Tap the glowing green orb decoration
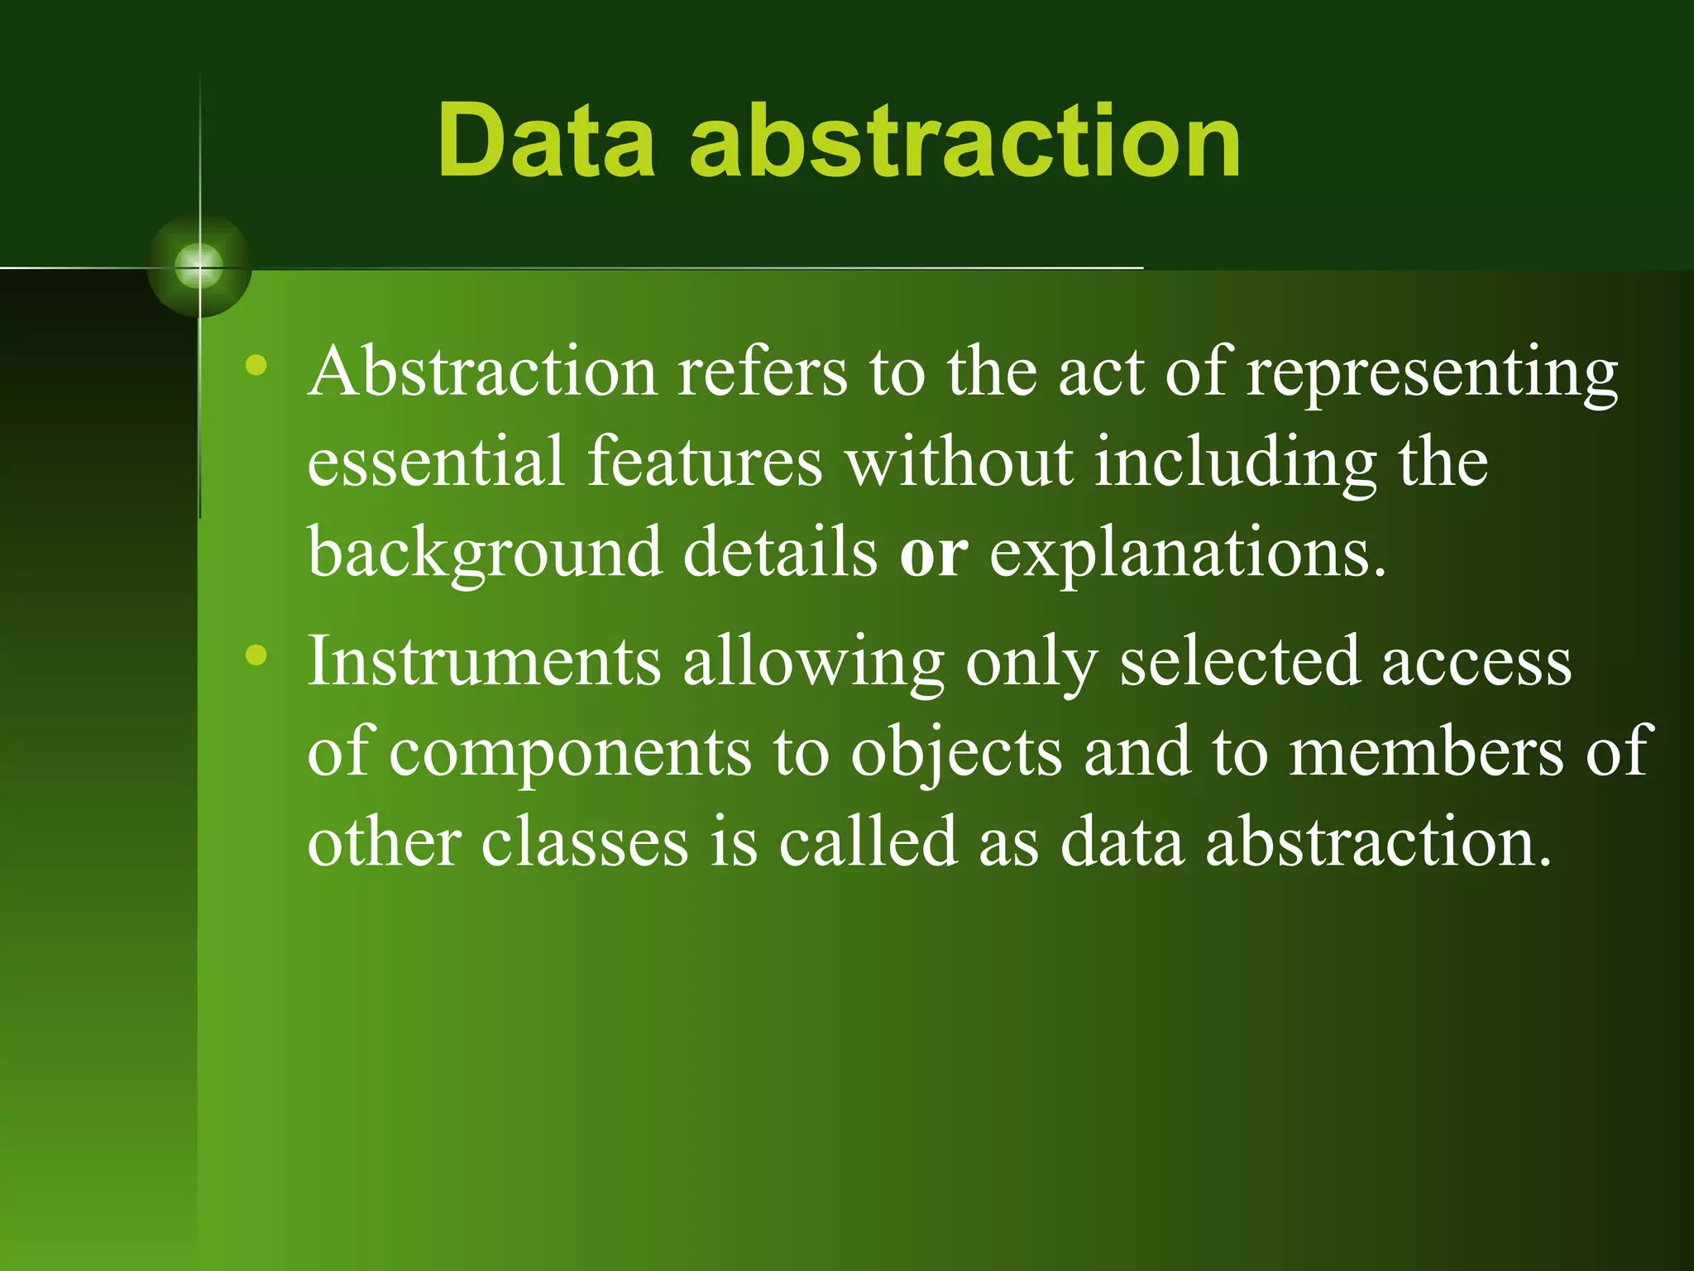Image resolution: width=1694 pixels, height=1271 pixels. point(199,266)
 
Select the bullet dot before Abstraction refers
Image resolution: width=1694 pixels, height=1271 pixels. point(256,365)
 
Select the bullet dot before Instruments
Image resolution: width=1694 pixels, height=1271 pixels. point(256,655)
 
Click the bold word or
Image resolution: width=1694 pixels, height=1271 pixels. point(933,553)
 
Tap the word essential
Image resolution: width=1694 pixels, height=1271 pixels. point(435,461)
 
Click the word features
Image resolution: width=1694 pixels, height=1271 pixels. point(705,461)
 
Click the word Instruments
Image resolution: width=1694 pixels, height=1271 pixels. point(484,662)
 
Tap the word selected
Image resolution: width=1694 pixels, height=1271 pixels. point(1239,662)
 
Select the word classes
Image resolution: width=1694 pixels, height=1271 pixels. point(585,842)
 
